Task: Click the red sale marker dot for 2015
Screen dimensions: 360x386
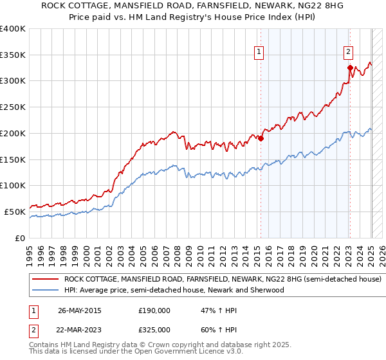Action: point(261,138)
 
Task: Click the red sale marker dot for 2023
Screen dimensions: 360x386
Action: point(350,67)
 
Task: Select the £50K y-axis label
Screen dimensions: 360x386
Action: point(15,212)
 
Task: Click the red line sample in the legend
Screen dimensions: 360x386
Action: point(46,280)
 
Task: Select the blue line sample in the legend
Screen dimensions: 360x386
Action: point(46,291)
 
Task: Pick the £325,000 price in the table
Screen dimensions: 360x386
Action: point(154,330)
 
